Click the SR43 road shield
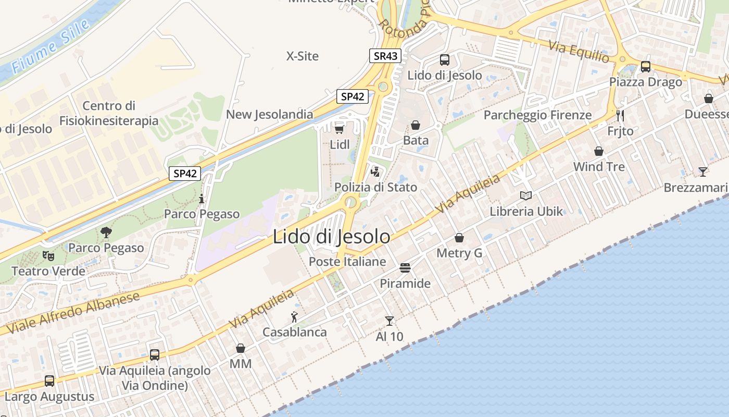[385, 56]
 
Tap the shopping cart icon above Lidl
[340, 129]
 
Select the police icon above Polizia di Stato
[375, 171]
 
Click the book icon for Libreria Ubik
[526, 196]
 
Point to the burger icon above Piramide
[405, 268]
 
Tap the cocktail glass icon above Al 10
[389, 321]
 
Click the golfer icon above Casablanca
[294, 316]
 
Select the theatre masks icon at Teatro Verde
[48, 256]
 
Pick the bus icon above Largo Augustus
[49, 381]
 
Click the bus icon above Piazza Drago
[646, 67]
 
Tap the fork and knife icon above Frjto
[620, 115]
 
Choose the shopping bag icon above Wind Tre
[599, 151]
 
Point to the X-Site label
[303, 56]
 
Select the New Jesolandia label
[270, 114]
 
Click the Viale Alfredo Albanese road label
[73, 313]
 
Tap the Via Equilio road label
[578, 52]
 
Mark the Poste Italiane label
[347, 261]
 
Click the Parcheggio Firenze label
[537, 115]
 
